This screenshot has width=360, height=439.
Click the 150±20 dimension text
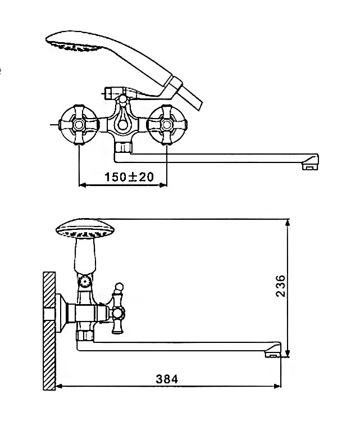(129, 177)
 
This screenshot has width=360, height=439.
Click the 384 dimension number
(167, 379)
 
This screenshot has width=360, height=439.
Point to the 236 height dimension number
(280, 286)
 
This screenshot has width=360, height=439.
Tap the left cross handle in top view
(79, 125)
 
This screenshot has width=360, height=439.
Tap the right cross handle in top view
(167, 125)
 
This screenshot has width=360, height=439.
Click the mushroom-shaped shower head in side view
(85, 229)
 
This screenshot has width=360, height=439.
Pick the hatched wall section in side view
(49, 331)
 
